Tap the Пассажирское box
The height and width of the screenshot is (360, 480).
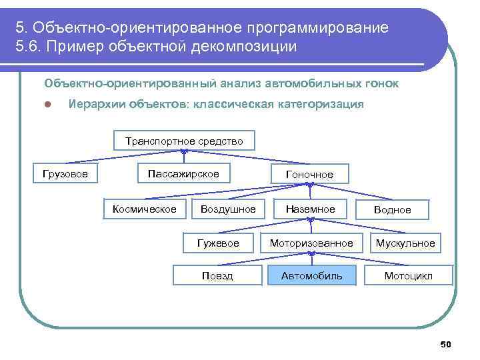click(183, 174)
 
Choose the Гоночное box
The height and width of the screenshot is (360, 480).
click(310, 175)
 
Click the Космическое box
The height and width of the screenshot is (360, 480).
click(145, 209)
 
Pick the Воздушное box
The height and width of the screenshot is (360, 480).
click(228, 209)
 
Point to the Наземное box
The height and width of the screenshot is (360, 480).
click(310, 209)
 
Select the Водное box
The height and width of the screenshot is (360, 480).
click(392, 210)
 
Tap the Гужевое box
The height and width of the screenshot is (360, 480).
click(218, 243)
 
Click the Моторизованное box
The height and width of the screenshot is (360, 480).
click(311, 243)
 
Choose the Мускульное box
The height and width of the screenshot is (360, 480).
click(405, 243)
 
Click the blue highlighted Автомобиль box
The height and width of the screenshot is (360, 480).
click(311, 275)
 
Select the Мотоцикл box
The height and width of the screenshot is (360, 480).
click(409, 275)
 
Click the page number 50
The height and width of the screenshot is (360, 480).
click(446, 344)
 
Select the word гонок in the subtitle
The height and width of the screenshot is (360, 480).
click(382, 84)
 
